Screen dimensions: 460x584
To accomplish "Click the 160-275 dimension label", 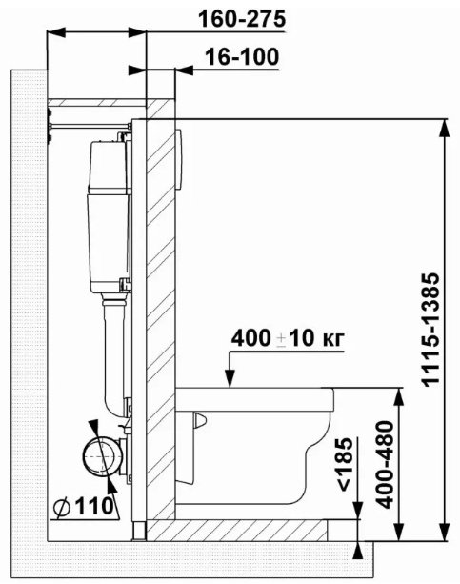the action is click(x=242, y=19).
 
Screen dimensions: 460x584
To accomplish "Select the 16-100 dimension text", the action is click(x=242, y=57).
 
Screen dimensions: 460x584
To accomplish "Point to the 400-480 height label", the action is click(x=385, y=465).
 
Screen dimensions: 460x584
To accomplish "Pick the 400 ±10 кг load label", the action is click(x=288, y=338).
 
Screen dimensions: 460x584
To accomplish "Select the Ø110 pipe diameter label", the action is click(x=83, y=507).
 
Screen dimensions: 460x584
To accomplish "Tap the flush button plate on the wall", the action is click(x=179, y=159).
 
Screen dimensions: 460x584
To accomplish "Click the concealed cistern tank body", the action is click(x=109, y=216).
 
